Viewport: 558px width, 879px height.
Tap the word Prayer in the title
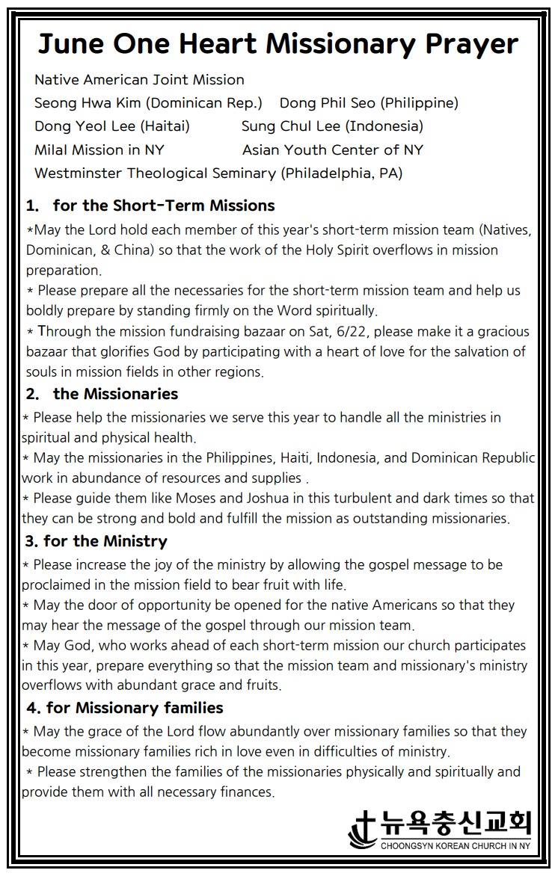[472, 44]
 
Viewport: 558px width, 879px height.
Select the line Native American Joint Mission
[139, 79]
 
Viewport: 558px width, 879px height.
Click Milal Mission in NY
[99, 149]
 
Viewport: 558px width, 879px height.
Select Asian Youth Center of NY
[333, 149]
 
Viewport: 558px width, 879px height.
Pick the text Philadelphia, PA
[341, 173]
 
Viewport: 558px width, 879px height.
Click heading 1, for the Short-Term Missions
[150, 205]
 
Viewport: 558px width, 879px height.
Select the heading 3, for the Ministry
[96, 540]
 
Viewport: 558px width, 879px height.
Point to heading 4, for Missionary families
[125, 706]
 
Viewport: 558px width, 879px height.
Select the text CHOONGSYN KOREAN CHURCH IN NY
[456, 846]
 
